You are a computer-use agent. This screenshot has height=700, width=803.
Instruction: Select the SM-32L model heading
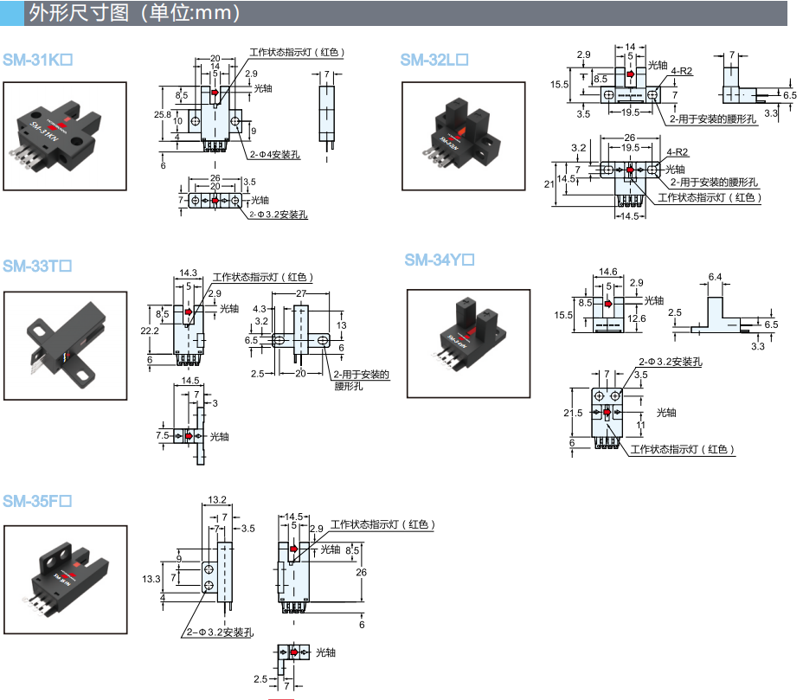coord(434,60)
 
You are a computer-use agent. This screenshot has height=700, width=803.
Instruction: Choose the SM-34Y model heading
coord(440,260)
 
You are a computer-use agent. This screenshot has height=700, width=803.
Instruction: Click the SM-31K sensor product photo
coord(65,136)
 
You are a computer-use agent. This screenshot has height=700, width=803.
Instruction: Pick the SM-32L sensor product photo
coord(463,136)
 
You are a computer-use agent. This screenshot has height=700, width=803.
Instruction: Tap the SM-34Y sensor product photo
coord(468,343)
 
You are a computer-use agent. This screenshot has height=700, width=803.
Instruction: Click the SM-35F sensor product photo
coord(65,579)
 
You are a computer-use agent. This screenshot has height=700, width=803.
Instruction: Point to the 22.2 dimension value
coord(151,331)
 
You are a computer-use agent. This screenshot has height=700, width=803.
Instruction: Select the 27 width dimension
coord(301,294)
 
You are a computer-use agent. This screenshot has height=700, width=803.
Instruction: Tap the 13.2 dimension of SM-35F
coord(217,499)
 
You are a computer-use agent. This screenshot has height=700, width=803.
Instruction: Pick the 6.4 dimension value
coord(715,277)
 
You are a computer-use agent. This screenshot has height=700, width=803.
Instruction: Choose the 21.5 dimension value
coord(573,414)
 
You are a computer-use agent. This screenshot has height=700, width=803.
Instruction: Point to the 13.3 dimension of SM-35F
coord(151,578)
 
